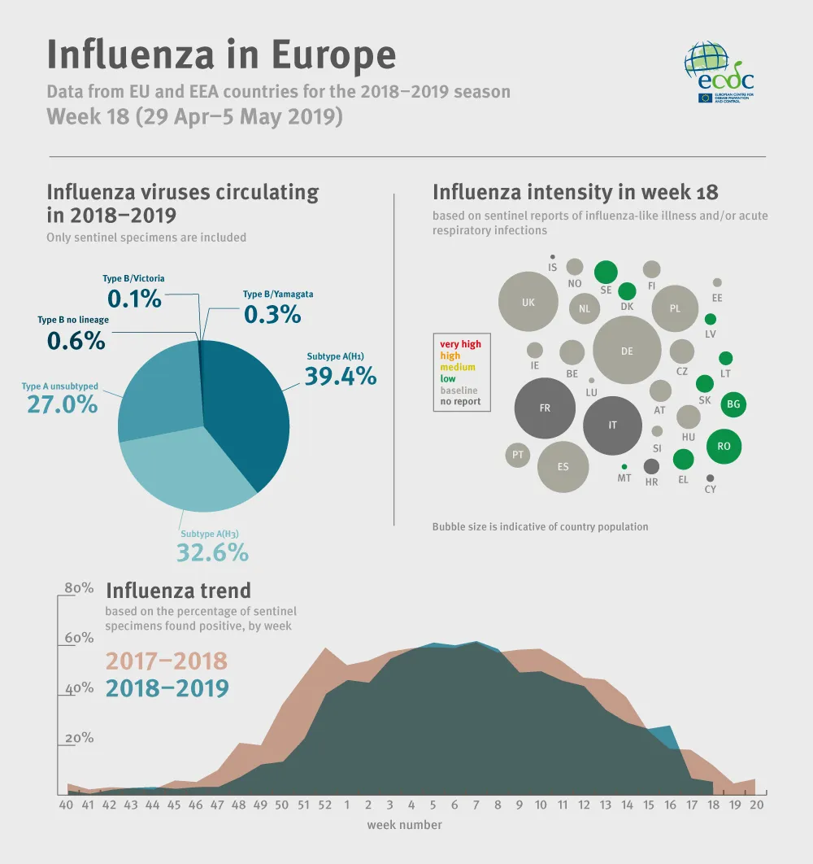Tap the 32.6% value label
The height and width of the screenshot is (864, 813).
point(212,552)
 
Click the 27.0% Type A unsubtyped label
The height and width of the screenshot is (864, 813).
point(63,404)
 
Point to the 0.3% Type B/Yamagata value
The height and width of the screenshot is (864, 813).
point(272,314)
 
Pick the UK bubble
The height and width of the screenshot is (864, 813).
point(528,302)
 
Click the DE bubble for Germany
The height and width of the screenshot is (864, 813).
point(627,351)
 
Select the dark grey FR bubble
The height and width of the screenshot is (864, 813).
point(545,408)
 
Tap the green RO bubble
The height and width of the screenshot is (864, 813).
point(724,446)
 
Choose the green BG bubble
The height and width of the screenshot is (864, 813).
point(733,404)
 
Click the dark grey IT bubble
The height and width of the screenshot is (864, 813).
point(613,425)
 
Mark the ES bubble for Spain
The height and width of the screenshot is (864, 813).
point(563,467)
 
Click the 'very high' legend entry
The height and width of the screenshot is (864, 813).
point(460,344)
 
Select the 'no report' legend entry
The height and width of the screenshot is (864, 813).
point(460,401)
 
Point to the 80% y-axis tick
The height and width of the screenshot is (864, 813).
point(79,588)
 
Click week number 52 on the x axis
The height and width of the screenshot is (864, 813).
point(325,805)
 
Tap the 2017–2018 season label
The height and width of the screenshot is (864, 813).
point(167,661)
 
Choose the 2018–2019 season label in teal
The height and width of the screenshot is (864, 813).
point(167,688)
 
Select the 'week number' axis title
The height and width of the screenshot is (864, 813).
point(404,825)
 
